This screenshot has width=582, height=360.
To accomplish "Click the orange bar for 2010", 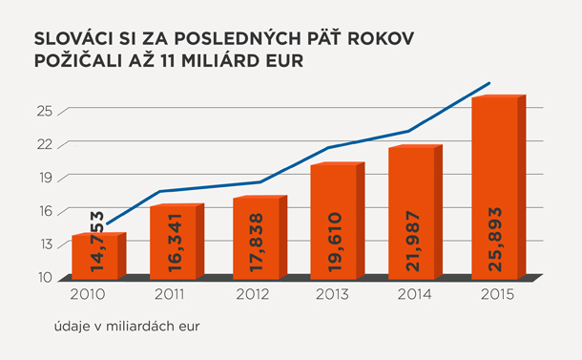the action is [99, 256].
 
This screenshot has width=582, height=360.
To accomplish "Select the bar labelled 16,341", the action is [177, 242].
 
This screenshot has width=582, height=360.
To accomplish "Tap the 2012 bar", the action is [260, 238].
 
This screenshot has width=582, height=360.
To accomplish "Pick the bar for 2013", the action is [338, 221].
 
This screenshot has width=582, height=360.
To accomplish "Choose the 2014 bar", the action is [416, 212].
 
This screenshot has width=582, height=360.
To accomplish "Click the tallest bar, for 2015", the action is [499, 187].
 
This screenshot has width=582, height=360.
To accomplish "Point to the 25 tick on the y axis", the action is [45, 111].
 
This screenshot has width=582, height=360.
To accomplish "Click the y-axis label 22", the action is [45, 144].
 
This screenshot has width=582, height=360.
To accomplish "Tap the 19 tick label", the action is [45, 178].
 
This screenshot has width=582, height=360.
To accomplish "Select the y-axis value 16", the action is [45, 211].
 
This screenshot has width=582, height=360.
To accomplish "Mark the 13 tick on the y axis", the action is [45, 244].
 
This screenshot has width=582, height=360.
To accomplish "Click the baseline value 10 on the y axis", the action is [45, 278].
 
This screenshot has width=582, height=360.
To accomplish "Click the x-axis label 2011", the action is [169, 295].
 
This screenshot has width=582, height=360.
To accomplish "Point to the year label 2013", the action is [332, 295].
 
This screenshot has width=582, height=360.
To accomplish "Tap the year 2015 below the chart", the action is [497, 295].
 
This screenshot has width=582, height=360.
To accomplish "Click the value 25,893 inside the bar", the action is [495, 240].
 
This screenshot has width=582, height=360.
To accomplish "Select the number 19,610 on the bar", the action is [335, 242].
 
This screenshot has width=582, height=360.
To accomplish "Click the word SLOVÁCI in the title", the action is [73, 38].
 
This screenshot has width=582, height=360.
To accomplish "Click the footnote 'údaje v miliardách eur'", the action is [127, 327].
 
